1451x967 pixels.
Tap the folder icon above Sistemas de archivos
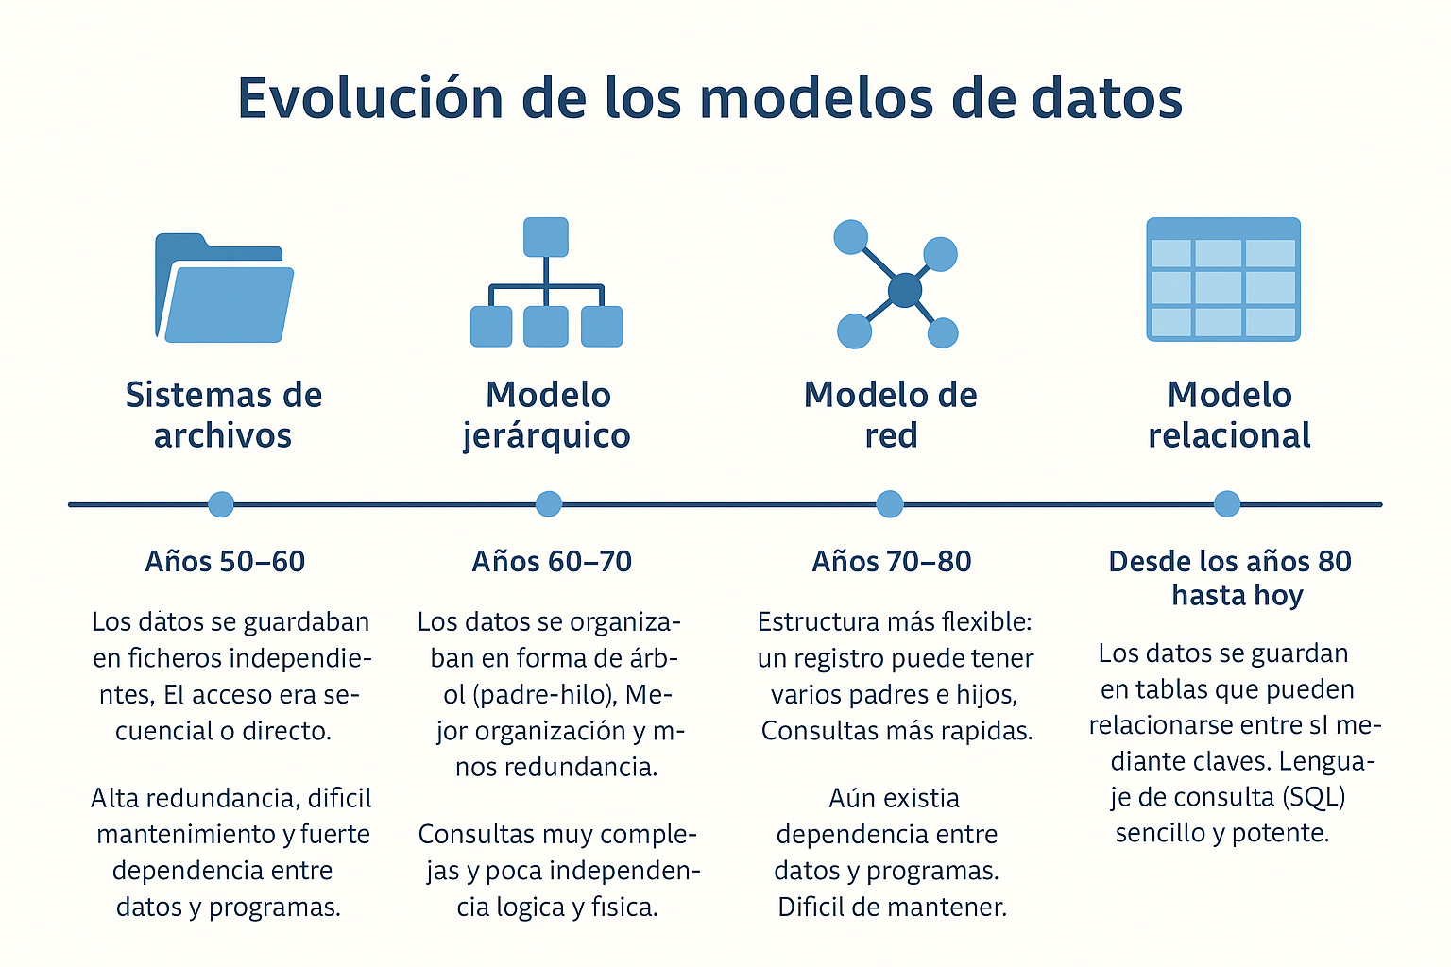pos(224,288)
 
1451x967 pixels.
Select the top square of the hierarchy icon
pos(545,237)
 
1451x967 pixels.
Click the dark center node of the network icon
pos(905,290)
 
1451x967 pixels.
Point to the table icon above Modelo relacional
pos(1223,280)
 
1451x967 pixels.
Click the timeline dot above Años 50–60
pos(221,504)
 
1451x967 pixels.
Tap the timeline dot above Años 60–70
pos(549,504)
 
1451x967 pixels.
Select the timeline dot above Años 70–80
pos(889,504)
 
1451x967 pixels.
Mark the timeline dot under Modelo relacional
pos(1227,504)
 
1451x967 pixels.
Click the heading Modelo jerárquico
pos(547,416)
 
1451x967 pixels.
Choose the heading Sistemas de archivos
pos(224,415)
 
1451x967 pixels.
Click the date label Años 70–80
pos(892,562)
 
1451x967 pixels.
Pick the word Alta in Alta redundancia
pos(114,798)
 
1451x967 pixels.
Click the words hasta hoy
pos(1238,595)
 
